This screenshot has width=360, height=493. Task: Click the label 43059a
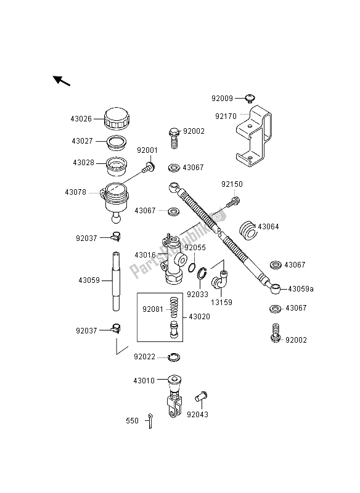click(x=301, y=289)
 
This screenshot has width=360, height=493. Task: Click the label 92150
click(x=233, y=184)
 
